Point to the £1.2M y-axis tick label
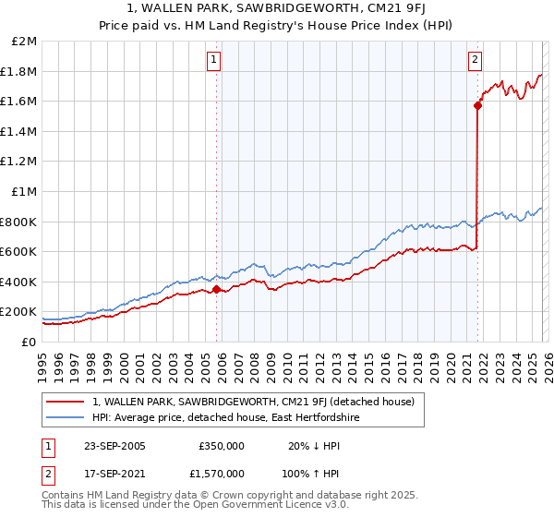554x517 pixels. tap(20, 162)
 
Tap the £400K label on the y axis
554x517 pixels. tap(20, 282)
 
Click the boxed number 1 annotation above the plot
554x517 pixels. tap(213, 61)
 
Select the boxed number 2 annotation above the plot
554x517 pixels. tap(475, 61)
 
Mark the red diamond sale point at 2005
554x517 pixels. tap(217, 289)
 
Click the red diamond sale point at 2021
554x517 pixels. tap(477, 106)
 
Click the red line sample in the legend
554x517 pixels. tap(65, 402)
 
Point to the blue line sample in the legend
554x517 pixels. tap(65, 418)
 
